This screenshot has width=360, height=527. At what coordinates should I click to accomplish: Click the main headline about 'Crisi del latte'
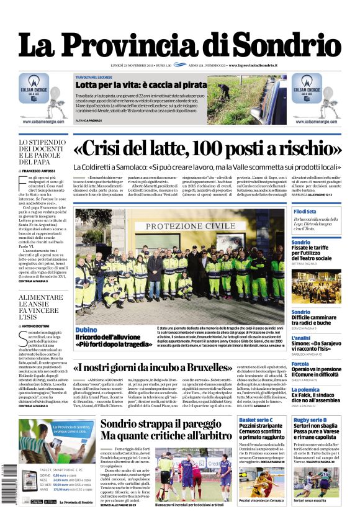207,149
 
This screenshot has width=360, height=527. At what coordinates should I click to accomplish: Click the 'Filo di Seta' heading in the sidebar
305,212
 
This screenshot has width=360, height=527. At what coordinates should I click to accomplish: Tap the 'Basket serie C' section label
256,420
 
